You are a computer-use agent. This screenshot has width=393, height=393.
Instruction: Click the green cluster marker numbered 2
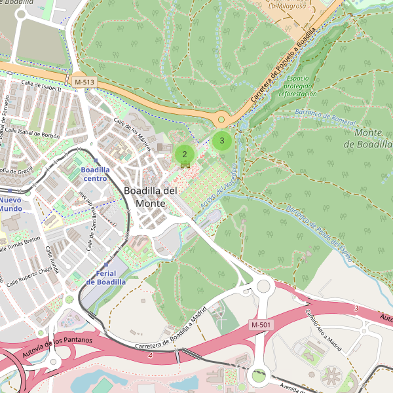(x=185, y=155)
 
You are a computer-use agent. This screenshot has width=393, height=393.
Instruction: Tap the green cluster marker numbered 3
(x=222, y=140)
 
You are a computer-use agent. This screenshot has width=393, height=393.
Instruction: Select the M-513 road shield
(x=84, y=82)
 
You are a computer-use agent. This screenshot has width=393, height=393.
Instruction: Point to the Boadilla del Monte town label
(x=150, y=196)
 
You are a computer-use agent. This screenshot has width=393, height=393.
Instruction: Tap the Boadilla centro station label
(x=94, y=174)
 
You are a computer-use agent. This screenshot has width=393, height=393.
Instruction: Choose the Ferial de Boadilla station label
(x=105, y=277)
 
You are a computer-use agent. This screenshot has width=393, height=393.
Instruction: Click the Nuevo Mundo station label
(x=10, y=204)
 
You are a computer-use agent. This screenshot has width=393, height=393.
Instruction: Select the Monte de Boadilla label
(x=373, y=138)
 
